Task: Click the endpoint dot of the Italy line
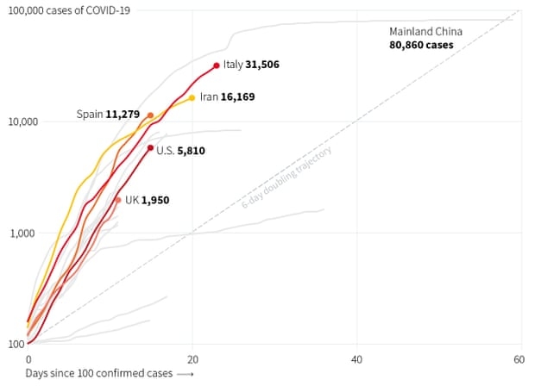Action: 217,65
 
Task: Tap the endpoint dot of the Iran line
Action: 192,97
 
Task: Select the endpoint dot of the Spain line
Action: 151,115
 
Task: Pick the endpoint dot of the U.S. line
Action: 151,148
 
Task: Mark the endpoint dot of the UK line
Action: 118,200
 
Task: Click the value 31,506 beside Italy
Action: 262,65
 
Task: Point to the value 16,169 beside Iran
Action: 238,98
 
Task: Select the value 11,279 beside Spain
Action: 124,115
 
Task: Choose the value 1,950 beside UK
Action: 155,200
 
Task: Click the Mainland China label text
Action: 422,31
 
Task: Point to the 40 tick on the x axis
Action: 356,359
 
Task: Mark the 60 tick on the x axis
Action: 519,359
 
